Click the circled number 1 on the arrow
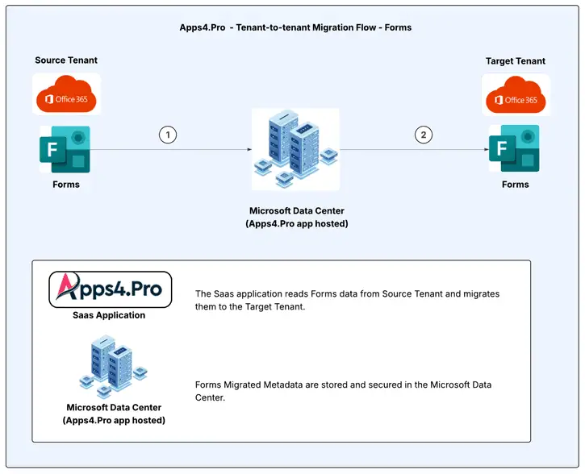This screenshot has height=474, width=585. coord(168,135)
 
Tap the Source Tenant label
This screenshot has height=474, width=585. coord(66,60)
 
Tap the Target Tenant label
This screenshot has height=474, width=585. coord(516,61)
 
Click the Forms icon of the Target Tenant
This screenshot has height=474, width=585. coord(514,150)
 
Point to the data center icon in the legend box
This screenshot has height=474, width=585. coord(114,368)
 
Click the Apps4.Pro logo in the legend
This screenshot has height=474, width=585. coord(111,290)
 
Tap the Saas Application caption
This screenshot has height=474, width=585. coord(109,315)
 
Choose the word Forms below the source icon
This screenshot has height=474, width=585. coord(66,185)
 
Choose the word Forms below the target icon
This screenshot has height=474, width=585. coord(516,185)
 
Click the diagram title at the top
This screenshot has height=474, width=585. coord(295,27)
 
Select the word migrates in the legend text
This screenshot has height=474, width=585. coord(480,294)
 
